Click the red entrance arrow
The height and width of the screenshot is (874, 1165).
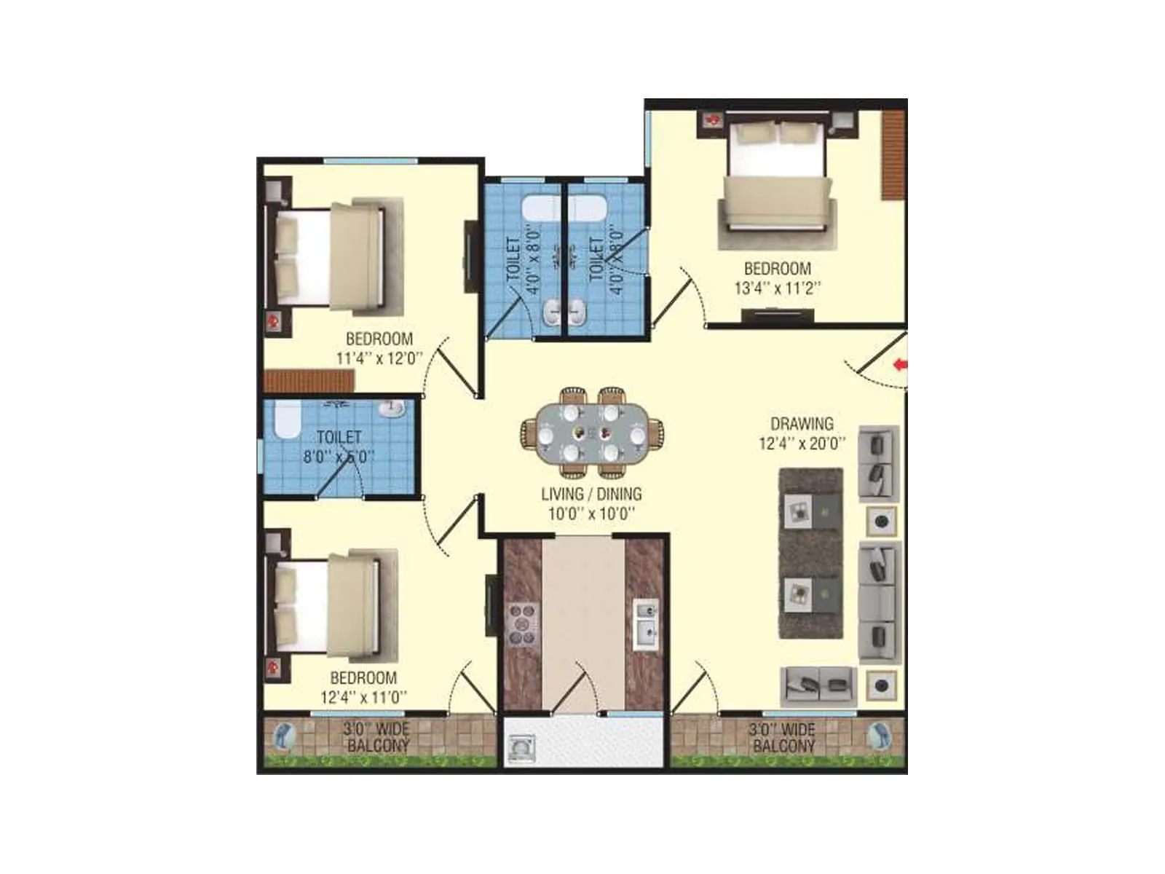pos(901,364)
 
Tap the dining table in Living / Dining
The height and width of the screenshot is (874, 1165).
pos(591,435)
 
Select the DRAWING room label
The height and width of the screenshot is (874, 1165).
pos(802,423)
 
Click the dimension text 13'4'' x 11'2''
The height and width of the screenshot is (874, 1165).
pos(777,288)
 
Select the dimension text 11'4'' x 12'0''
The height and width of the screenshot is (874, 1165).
pos(379,358)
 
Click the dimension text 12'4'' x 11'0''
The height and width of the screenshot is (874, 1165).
pos(363,697)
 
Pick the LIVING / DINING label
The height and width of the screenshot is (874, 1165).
pos(591,494)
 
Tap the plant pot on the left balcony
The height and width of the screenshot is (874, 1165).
pos(283,737)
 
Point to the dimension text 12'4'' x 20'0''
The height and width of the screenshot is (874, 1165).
pos(802,443)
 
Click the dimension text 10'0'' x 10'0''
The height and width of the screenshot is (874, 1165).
pos(591,513)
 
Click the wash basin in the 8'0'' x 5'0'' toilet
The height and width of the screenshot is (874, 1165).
pos(392,408)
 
